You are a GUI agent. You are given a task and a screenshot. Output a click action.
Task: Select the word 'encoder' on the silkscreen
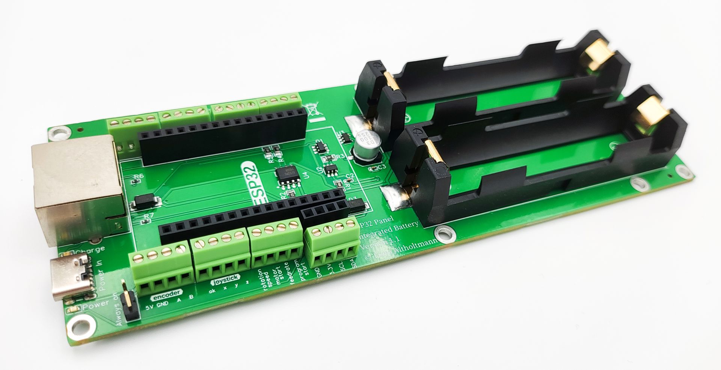pyautogui.click(x=166, y=295)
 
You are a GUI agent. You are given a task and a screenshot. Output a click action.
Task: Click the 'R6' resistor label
pyautogui.click(x=139, y=176)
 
